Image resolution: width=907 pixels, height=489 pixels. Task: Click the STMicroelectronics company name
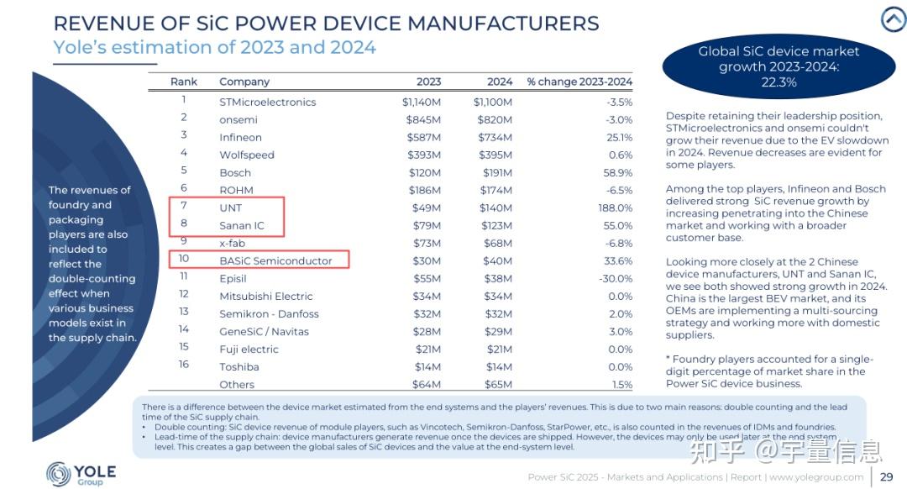coord(267,102)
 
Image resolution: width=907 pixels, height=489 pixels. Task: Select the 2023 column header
coord(428,81)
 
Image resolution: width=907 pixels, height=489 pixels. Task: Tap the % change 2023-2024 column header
coord(579,81)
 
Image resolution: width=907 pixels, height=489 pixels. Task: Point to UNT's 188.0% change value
coord(615,208)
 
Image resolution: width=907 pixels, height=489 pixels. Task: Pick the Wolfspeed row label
coord(247,155)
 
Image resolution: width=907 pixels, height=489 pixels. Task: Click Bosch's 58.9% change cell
coord(616,172)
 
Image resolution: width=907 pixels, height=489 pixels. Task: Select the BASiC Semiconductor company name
coord(275,260)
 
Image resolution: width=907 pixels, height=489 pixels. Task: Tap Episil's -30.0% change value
coord(614,278)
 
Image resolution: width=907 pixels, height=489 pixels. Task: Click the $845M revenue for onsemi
coord(423,119)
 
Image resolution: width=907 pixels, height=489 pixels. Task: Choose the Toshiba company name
coord(239,366)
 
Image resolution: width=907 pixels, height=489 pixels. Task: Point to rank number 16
coord(184,365)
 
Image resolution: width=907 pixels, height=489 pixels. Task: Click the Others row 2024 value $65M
coord(497,384)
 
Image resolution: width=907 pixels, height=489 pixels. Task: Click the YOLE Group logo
coord(81,474)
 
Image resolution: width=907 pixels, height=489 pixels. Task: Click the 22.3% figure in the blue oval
coord(779,82)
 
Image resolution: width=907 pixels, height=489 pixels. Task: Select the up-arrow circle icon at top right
coord(892,19)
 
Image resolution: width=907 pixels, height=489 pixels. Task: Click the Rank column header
coord(184,81)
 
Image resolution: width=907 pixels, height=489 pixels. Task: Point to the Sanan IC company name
coord(242,225)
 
